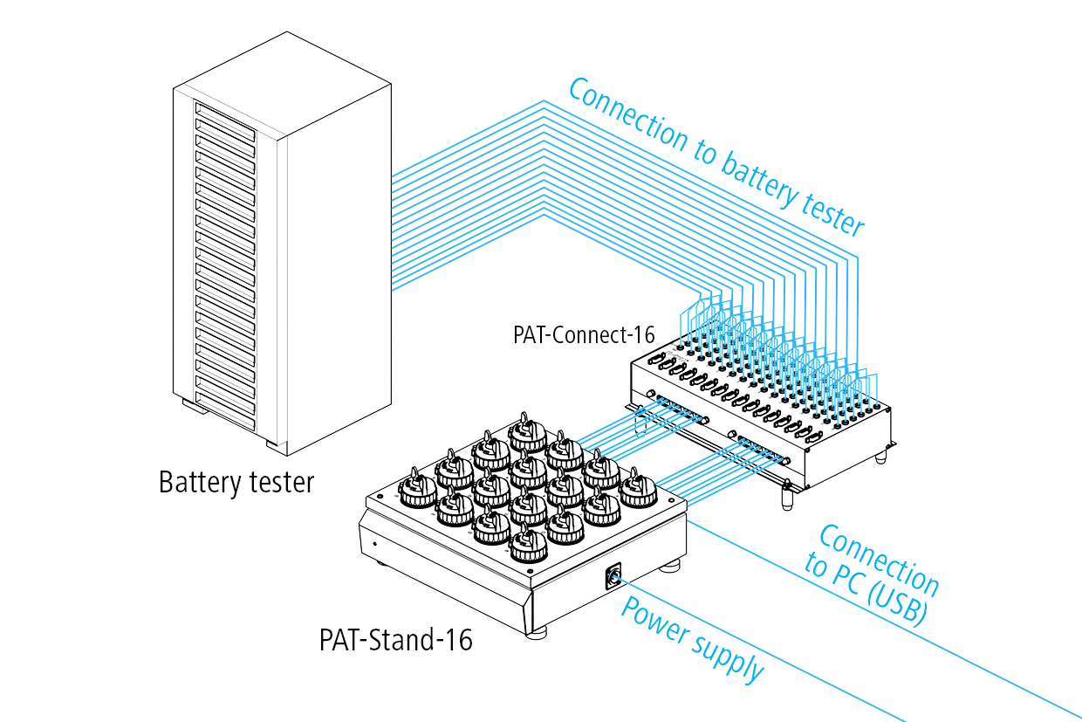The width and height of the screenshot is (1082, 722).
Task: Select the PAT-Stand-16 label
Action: point(395,640)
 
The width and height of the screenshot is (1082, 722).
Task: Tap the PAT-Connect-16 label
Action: point(585,334)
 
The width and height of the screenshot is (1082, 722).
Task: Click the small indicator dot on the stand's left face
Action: point(375,544)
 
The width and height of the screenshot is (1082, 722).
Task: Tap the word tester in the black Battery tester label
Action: point(274,483)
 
